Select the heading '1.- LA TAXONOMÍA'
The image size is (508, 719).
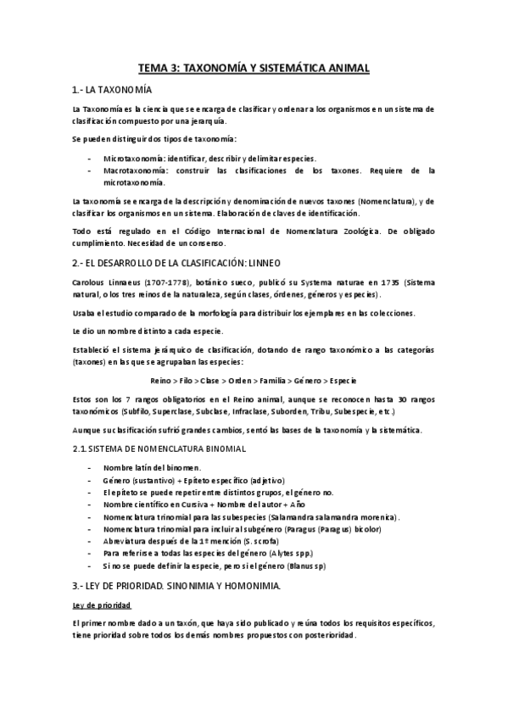[x=112, y=90]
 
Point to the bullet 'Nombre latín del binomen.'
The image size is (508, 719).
[x=152, y=468]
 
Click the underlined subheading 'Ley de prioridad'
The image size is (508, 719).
[x=101, y=605]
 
